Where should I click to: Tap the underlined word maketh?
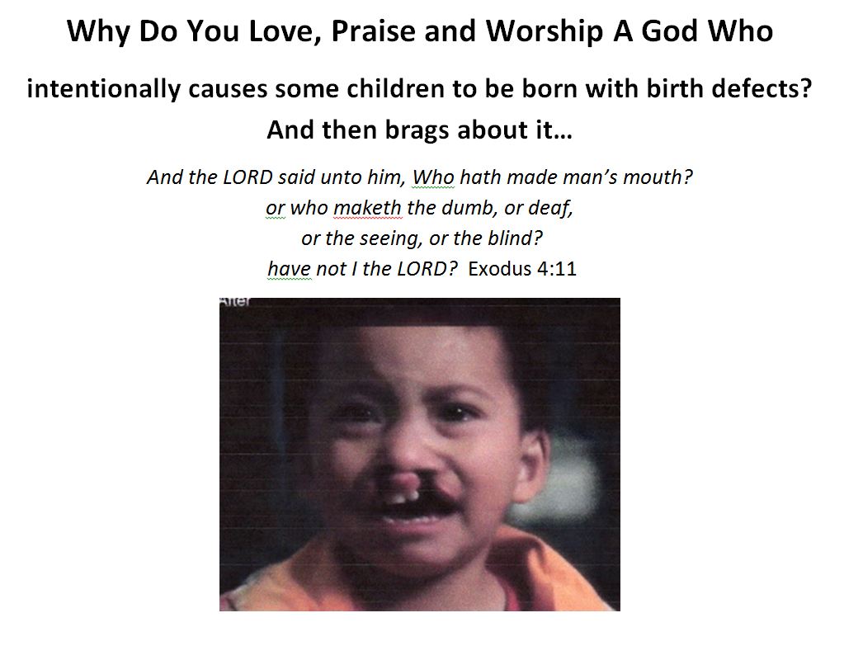(368, 208)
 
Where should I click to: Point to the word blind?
(515, 238)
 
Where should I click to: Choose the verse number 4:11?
(557, 269)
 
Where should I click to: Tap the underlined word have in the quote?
(290, 269)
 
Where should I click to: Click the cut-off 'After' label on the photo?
(234, 301)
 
